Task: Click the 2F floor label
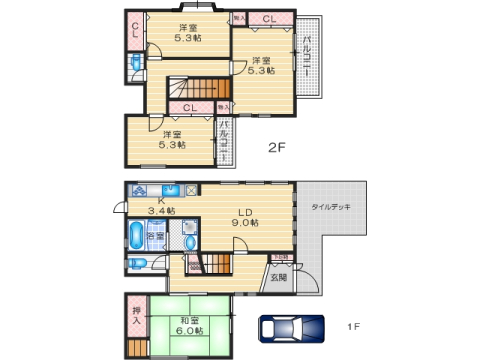(x=276, y=148)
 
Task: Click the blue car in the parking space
(x=291, y=329)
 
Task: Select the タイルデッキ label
(x=329, y=207)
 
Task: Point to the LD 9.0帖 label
(x=246, y=217)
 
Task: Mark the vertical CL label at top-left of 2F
(x=135, y=30)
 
